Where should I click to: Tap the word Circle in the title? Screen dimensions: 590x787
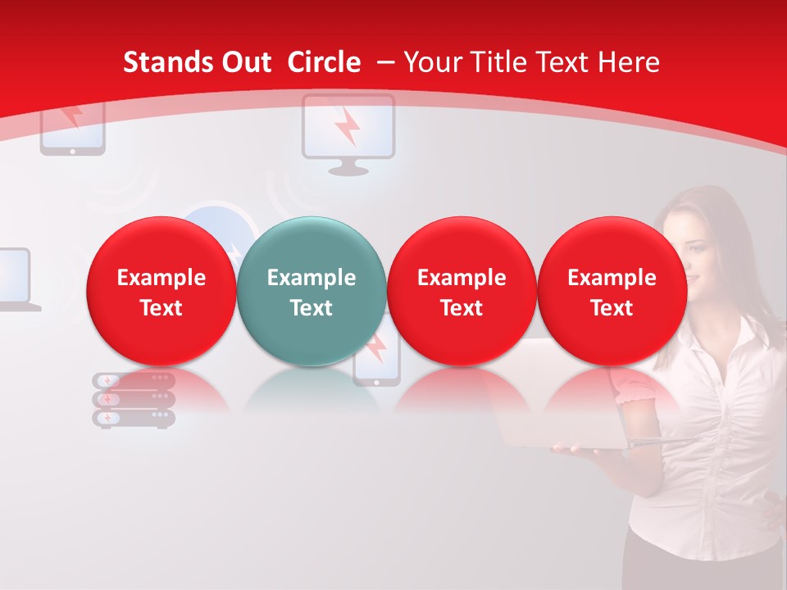click(324, 62)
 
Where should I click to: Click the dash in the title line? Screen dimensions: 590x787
click(386, 62)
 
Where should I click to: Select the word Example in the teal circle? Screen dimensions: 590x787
click(312, 278)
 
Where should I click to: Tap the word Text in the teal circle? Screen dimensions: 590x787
click(312, 308)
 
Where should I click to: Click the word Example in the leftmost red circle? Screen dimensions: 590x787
click(161, 278)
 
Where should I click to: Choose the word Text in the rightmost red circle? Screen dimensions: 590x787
click(612, 308)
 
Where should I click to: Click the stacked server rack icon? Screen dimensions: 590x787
click(134, 400)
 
